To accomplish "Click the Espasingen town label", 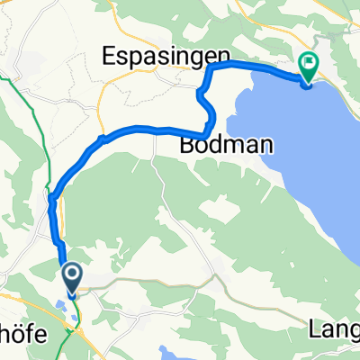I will [x=156, y=56].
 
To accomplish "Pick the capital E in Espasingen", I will [x=101, y=56].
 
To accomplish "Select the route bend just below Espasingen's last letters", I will [x=210, y=67].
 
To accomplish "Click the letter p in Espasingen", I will [x=126, y=58].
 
